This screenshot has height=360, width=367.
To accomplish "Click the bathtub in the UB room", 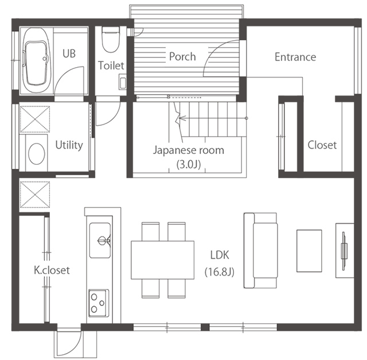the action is [36, 61].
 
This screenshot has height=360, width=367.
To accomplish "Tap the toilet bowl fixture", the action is [111, 40].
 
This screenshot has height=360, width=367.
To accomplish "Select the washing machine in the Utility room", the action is [37, 153].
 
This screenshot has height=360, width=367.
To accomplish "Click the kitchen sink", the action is [100, 240].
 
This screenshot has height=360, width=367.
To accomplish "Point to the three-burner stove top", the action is [99, 303].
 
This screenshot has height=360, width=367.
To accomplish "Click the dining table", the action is [162, 260].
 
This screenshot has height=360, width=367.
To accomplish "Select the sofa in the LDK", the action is [261, 250].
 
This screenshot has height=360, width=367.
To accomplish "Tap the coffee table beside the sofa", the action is [309, 251].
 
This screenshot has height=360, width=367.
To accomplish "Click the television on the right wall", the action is [343, 251].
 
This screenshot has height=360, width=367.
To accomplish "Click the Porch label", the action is [182, 57].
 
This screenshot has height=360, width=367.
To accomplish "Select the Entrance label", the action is [295, 57].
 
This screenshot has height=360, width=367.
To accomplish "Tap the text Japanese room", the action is [189, 150].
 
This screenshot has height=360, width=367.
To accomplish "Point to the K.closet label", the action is [52, 270].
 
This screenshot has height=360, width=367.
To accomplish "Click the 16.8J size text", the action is [219, 272].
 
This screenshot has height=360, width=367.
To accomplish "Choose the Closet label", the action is [322, 145].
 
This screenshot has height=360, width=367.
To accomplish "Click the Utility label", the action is [69, 145].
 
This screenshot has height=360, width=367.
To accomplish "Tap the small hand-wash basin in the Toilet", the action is [123, 82].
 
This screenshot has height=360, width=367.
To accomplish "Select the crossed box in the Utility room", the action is [35, 119].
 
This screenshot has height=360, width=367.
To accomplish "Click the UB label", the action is [69, 53].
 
